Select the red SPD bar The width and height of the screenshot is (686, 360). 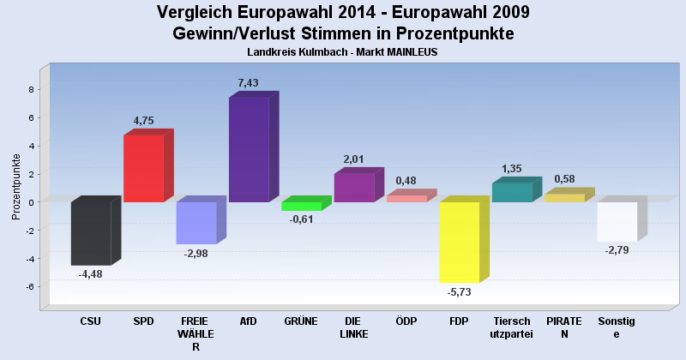point(143,169)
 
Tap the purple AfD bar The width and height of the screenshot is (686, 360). point(249,149)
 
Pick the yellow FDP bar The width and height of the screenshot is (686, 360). point(459,242)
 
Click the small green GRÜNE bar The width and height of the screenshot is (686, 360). point(301,207)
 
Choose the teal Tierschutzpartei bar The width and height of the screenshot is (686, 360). point(512,193)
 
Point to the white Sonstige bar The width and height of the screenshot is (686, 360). point(617,221)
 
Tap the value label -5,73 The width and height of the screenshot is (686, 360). point(460,292)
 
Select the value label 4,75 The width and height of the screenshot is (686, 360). point(143,121)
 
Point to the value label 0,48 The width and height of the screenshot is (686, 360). point(406,181)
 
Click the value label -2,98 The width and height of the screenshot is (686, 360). point(196,254)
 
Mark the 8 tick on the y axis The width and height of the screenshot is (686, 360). point(30,89)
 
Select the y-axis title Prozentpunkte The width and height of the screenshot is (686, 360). point(16,186)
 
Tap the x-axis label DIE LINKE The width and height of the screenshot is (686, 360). point(353,327)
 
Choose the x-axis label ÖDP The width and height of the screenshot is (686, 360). point(406,321)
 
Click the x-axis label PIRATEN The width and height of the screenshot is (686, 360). point(564,327)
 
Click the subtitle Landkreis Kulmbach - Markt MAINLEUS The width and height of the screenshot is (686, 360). point(343,52)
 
